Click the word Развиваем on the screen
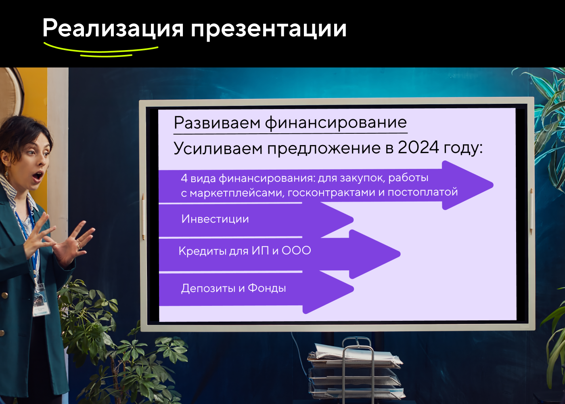tap(217, 123)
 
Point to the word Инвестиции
tap(215, 219)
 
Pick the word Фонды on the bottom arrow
tap(267, 288)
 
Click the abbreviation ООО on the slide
tap(296, 250)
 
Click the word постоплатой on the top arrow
tap(423, 192)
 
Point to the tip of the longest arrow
tap(493, 185)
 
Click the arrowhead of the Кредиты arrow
tap(375, 254)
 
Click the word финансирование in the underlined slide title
tap(336, 123)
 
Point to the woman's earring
tap(6, 174)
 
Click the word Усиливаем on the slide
tap(218, 148)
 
